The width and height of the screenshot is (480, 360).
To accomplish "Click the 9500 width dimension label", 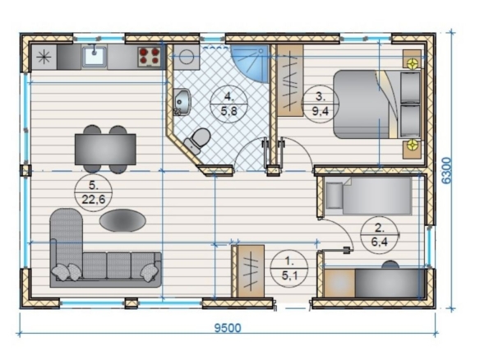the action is [x=228, y=328].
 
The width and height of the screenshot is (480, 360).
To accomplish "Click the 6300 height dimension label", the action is [x=446, y=170].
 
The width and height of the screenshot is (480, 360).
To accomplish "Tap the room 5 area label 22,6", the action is [x=94, y=199].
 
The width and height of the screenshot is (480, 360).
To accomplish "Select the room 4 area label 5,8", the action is [x=228, y=110].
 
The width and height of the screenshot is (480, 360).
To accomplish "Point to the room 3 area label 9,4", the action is [x=321, y=110].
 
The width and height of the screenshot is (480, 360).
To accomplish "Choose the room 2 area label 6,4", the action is [x=379, y=242].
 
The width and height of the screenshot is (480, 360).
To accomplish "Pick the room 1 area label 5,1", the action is [x=289, y=275].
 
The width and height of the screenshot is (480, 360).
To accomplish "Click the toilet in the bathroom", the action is [x=197, y=140].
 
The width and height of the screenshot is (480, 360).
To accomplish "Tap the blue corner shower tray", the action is [x=250, y=63].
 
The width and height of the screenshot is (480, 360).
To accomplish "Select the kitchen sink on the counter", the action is [x=95, y=57].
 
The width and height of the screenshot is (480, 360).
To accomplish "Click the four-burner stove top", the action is [x=150, y=57].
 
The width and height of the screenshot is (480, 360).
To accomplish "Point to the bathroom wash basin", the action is [x=182, y=102].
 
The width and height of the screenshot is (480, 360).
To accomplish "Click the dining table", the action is [x=105, y=149].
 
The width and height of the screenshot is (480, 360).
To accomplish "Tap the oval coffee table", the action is [x=122, y=220].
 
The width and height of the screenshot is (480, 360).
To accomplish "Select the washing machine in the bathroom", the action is [x=186, y=57].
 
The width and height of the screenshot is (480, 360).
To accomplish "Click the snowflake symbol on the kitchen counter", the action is [x=44, y=58].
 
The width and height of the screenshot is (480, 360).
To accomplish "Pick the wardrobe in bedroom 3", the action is [x=290, y=81].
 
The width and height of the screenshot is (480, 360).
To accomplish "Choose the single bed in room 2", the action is [x=368, y=196].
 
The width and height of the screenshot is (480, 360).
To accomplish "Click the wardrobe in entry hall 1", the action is [x=251, y=271].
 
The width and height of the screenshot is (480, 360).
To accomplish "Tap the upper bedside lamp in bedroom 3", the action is [x=413, y=63].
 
